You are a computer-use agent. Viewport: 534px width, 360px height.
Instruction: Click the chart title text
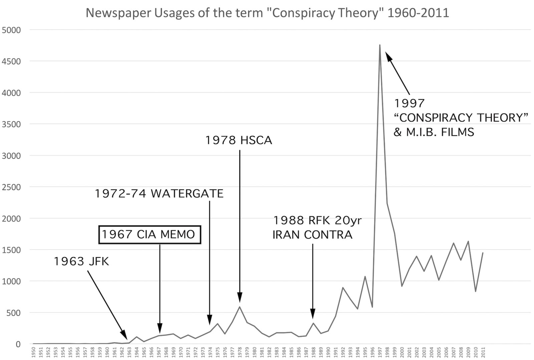pyautogui.click(x=267, y=13)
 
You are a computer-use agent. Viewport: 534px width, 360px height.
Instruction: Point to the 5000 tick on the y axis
pyautogui.click(x=11, y=30)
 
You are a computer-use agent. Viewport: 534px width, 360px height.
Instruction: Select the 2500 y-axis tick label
pyautogui.click(x=11, y=187)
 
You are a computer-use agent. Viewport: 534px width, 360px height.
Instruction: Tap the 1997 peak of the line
pyautogui.click(x=380, y=45)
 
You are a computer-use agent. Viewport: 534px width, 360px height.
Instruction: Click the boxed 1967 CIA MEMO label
pyautogui.click(x=150, y=235)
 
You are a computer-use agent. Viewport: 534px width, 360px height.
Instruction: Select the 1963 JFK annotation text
pyautogui.click(x=81, y=261)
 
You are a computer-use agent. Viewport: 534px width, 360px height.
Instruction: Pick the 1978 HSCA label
pyautogui.click(x=239, y=140)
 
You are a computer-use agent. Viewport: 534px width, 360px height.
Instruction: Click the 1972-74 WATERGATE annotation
pyautogui.click(x=159, y=194)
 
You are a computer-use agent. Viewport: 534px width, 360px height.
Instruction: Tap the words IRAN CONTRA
pyautogui.click(x=312, y=235)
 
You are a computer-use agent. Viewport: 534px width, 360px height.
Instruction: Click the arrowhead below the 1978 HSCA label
pyautogui.click(x=240, y=298)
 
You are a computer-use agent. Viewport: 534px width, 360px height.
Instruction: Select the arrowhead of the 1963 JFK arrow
pyautogui.click(x=124, y=335)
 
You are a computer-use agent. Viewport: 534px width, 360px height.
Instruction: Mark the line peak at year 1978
pyautogui.click(x=240, y=307)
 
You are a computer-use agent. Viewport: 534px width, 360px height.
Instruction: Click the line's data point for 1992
pyautogui.click(x=343, y=288)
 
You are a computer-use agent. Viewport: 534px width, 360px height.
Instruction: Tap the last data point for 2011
pyautogui.click(x=483, y=253)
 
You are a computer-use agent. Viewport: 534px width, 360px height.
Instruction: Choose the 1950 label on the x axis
pyautogui.click(x=33, y=352)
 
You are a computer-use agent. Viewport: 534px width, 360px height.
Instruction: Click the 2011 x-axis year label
pyautogui.click(x=483, y=352)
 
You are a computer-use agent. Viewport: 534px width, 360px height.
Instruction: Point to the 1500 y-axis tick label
pyautogui.click(x=11, y=250)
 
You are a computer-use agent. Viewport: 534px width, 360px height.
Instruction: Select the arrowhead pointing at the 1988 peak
pyautogui.click(x=313, y=315)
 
